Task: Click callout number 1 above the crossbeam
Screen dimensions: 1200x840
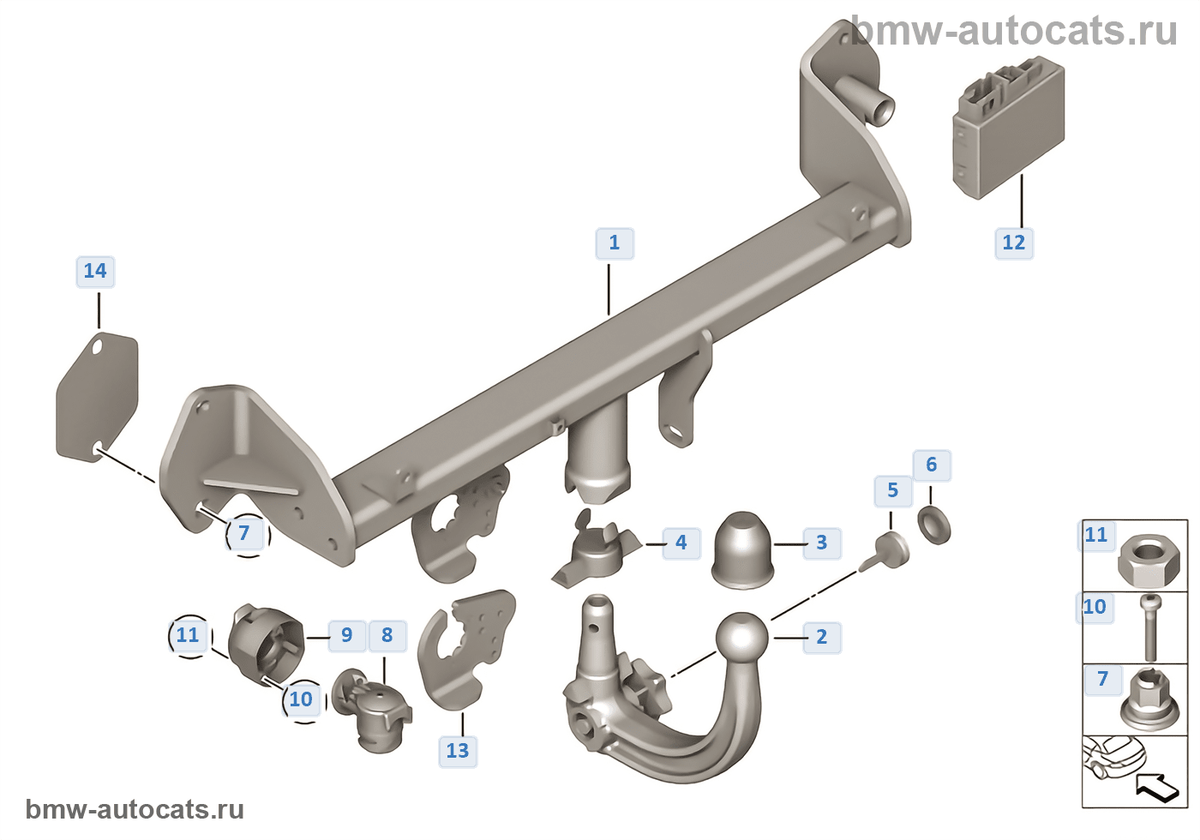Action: coord(615,243)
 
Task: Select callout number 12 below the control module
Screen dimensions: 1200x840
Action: coord(1013,243)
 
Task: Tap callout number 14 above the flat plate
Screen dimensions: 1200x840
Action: coord(95,271)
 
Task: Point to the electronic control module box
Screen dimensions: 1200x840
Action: coord(1008,128)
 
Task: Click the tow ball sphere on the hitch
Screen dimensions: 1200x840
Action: coord(742,638)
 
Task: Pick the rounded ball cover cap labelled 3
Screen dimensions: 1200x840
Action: coord(742,550)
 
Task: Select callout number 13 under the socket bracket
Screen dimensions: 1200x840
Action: coord(458,751)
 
